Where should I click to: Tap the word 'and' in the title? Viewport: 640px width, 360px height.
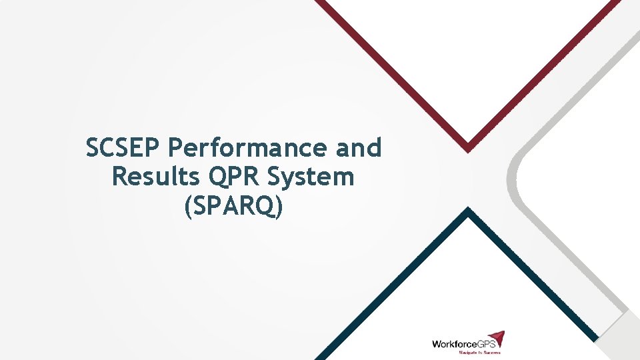tap(359, 148)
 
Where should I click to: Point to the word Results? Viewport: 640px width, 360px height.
tap(156, 177)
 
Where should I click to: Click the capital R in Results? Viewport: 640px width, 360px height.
tap(120, 177)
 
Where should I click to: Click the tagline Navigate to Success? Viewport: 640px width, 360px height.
tap(479, 352)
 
